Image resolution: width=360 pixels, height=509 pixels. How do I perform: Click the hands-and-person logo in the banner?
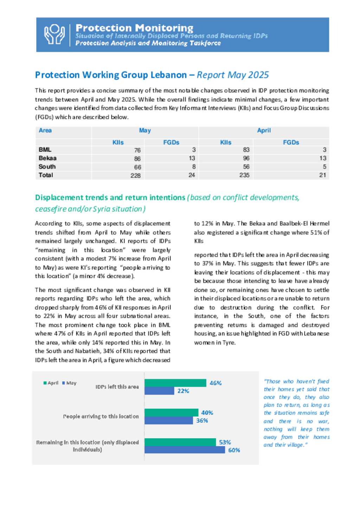(x=54, y=34)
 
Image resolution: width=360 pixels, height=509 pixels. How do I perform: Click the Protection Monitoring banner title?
(x=134, y=28)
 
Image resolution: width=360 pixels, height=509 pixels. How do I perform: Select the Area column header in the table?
(x=45, y=130)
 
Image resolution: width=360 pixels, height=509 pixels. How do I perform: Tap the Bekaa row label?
(x=47, y=158)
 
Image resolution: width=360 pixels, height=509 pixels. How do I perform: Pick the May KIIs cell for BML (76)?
(x=137, y=150)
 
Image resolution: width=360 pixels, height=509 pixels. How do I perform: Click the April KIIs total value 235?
(x=244, y=175)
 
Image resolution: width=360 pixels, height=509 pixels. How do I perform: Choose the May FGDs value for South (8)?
(x=194, y=167)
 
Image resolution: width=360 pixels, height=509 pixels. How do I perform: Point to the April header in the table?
(x=264, y=130)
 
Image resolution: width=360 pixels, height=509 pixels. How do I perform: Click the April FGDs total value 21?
(x=322, y=175)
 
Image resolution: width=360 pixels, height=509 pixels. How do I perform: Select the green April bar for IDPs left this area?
(x=175, y=383)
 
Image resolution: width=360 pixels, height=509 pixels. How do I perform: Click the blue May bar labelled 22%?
(x=159, y=391)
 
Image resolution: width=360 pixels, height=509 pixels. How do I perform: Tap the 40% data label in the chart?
(x=207, y=413)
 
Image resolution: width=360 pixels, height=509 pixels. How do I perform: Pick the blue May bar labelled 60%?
(x=185, y=450)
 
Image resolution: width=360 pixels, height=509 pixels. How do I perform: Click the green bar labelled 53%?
(x=180, y=442)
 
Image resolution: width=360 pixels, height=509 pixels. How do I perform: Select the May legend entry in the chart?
(x=69, y=383)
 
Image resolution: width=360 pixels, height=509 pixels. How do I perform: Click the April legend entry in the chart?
(x=51, y=383)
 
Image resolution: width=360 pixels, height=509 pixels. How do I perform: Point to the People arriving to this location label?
(x=101, y=416)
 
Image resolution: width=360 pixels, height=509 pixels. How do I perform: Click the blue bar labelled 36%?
(x=169, y=420)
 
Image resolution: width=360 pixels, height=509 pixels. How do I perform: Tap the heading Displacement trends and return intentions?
(x=110, y=197)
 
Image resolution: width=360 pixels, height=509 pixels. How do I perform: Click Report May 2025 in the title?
(x=233, y=75)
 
